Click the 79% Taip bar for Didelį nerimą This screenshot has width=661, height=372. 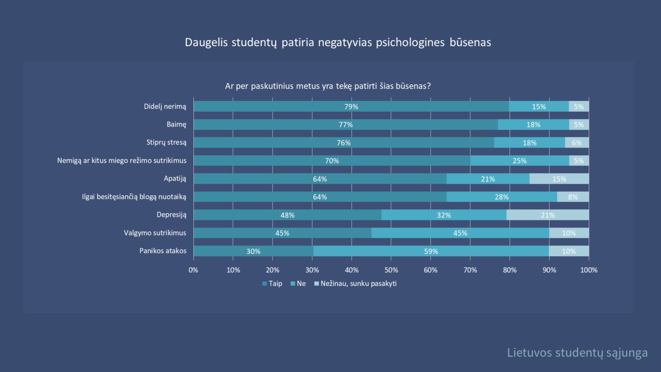[351, 106]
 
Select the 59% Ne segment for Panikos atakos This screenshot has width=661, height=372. [431, 251]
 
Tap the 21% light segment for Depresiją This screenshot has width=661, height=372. [548, 215]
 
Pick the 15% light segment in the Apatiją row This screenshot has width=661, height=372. [559, 179]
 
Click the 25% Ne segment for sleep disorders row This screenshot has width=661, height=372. [519, 161]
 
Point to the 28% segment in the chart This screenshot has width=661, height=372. [502, 197]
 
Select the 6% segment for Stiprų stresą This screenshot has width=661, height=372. [576, 143]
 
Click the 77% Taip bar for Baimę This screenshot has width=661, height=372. [345, 125]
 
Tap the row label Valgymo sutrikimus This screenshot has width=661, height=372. [155, 233]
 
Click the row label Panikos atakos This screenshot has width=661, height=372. [163, 251]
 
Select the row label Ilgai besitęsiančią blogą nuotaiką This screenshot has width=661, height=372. [134, 197]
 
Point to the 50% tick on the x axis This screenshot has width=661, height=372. [391, 270]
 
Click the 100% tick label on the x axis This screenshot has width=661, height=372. [589, 270]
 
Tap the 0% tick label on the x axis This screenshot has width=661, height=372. [193, 270]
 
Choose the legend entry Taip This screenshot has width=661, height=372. [272, 284]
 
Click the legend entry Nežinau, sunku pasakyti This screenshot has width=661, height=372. [356, 284]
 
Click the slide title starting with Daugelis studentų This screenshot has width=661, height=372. [338, 42]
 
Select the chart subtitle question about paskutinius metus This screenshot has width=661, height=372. [328, 86]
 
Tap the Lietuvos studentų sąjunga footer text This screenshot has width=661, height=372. [577, 352]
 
